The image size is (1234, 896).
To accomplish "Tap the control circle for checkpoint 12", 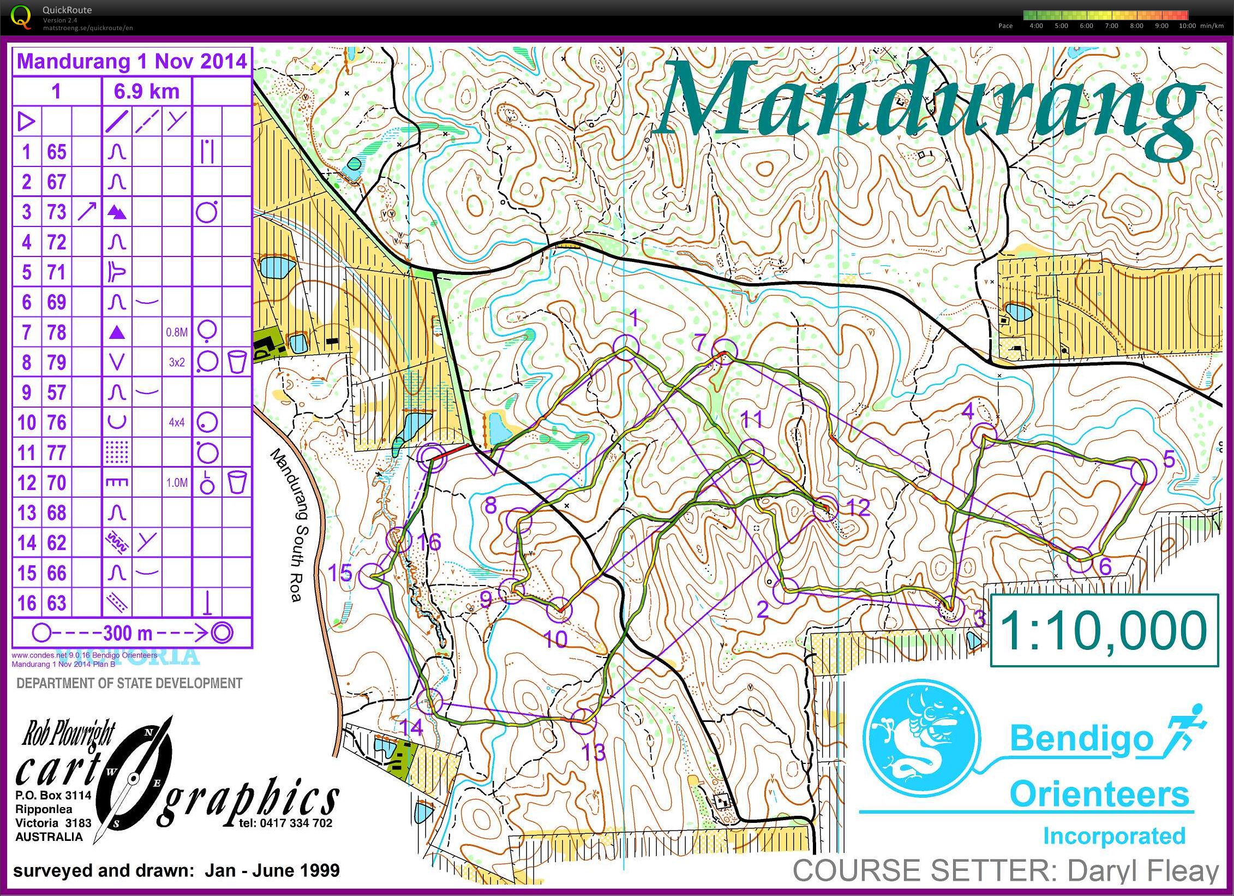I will point(825,509).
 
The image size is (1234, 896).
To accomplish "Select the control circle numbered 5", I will point(1143,471).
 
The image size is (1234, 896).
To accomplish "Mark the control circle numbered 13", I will point(584,721).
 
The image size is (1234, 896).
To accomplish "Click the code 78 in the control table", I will point(57,332).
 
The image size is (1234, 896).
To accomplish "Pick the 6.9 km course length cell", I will point(147,91).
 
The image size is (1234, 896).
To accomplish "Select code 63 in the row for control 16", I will point(57,603).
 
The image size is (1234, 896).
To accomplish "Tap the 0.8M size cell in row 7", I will point(177,332).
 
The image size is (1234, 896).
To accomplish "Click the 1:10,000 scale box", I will point(1104,630).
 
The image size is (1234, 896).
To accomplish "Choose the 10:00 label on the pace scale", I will point(1187,26).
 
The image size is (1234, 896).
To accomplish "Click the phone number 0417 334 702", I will point(286,823).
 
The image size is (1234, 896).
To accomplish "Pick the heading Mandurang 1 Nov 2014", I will point(132,61).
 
